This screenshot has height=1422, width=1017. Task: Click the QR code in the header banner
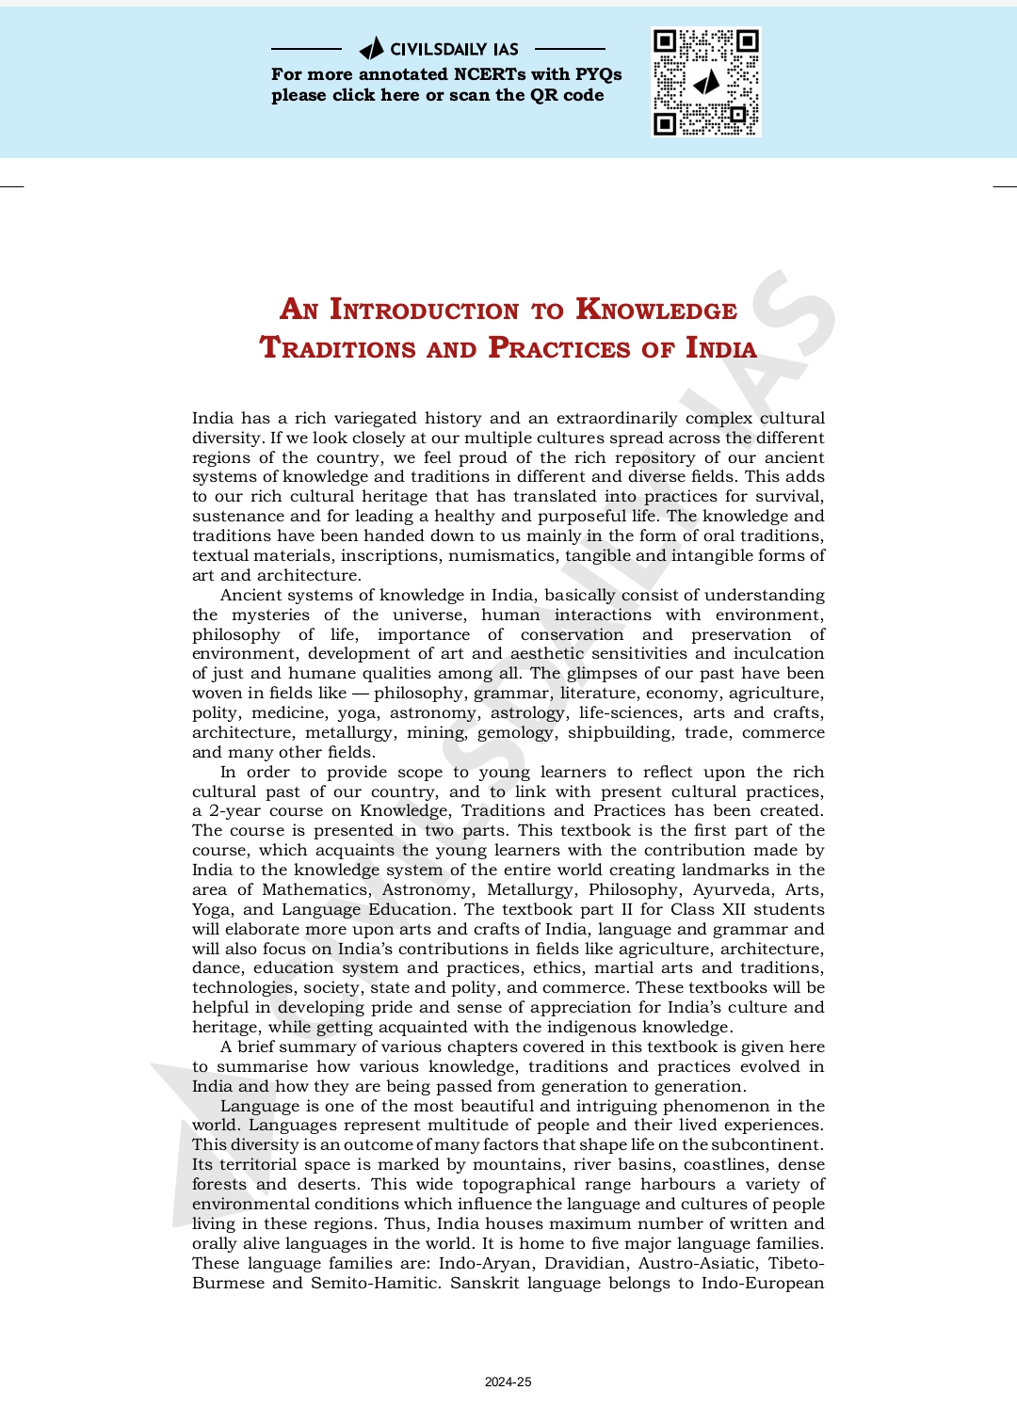pos(705,82)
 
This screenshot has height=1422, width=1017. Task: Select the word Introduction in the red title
pos(424,310)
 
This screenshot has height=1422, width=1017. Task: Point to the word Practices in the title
pos(559,348)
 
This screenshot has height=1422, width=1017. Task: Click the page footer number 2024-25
pos(508,1382)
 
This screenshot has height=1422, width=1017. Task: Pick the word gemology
pos(515,732)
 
